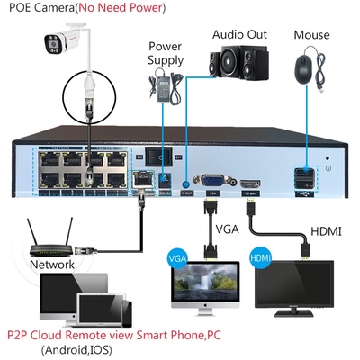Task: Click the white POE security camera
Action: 63,41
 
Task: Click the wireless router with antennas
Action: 49,239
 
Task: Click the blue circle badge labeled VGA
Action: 177,259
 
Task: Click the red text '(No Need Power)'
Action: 124,9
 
